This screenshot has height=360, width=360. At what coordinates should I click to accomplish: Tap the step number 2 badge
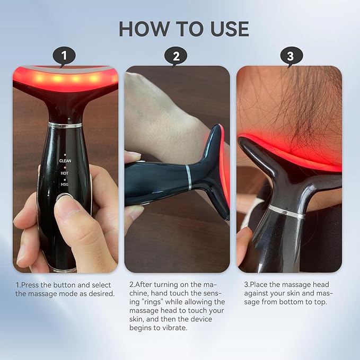(x=177, y=56)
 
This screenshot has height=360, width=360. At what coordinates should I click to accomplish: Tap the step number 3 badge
(x=291, y=56)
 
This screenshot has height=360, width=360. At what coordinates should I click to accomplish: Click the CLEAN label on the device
(x=65, y=160)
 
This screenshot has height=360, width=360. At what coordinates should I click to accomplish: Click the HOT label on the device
(x=65, y=172)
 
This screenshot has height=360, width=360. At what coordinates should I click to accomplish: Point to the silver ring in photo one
(x=65, y=125)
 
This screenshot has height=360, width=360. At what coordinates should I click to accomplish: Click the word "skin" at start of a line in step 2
(x=137, y=319)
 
